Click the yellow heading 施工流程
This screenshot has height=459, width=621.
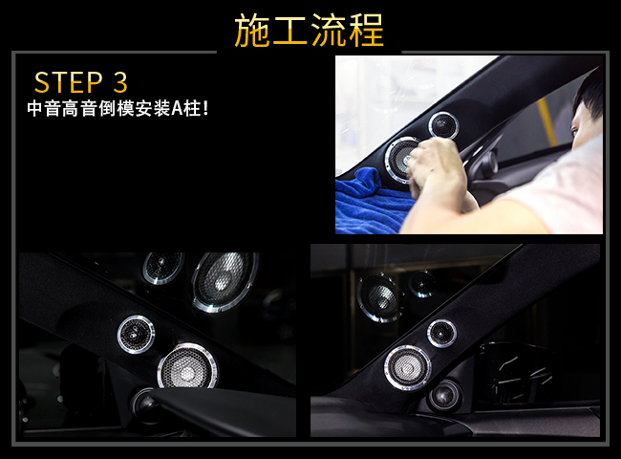tap(310, 31)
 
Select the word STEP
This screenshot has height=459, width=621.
tap(69, 82)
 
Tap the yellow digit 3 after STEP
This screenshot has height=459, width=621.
tap(120, 82)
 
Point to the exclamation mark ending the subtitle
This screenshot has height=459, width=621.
tap(204, 108)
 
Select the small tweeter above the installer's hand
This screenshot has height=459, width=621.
tap(443, 125)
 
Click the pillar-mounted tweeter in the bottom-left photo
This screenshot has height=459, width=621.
tap(136, 335)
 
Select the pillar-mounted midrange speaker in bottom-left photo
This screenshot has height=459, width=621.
tap(187, 367)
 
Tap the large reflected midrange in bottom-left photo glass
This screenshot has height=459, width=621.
tap(225, 280)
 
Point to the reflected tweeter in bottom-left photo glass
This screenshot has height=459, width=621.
tap(163, 267)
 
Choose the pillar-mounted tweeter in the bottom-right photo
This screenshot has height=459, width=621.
tap(441, 334)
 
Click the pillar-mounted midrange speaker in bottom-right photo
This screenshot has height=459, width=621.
tap(407, 368)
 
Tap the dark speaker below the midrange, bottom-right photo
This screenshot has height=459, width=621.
tap(444, 396)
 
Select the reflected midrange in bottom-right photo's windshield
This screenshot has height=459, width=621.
tap(379, 297)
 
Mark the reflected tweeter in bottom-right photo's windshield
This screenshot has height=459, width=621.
tap(422, 284)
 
